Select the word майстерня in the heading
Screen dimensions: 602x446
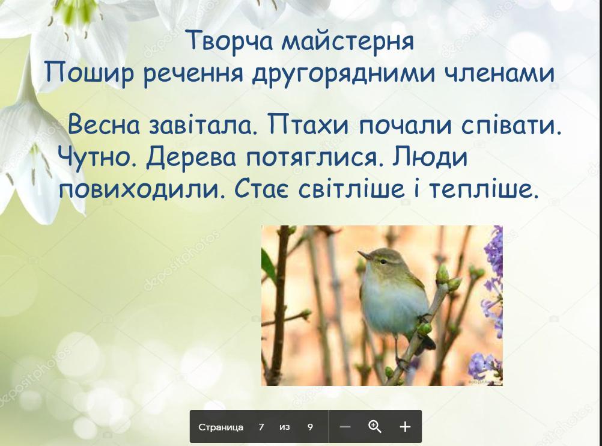(x=348, y=41)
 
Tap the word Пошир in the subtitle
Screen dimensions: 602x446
(x=90, y=73)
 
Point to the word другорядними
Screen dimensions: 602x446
(x=344, y=73)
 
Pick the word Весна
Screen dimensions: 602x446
(x=104, y=125)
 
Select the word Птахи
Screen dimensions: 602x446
(x=309, y=125)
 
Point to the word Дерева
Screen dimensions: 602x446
(x=191, y=158)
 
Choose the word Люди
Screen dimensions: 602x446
(x=430, y=157)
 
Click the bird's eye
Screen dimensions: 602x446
(x=382, y=261)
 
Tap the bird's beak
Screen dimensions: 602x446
(x=364, y=255)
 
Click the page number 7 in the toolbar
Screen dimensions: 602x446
(x=261, y=427)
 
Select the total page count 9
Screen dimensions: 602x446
(x=310, y=427)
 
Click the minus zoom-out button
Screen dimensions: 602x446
(x=345, y=427)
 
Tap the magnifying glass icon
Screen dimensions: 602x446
(x=375, y=426)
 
